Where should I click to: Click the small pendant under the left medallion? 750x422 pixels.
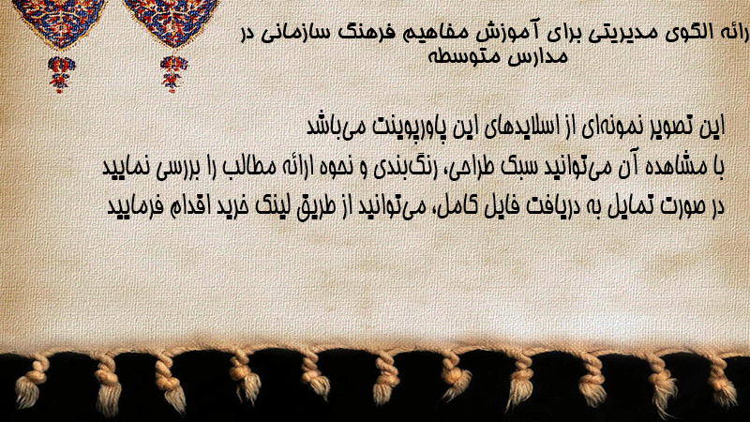click(x=61, y=74)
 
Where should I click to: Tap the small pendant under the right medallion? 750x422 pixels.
click(x=173, y=74)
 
